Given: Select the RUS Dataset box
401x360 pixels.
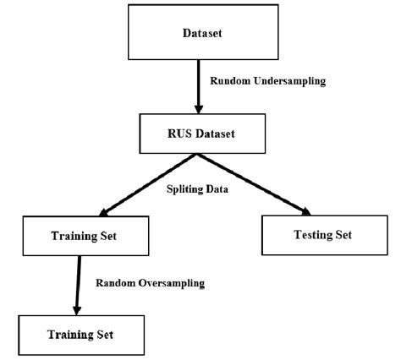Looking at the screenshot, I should tap(198, 132).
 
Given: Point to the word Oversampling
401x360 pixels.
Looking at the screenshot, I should tap(168, 282).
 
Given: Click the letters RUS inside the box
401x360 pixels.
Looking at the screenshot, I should tap(172, 132).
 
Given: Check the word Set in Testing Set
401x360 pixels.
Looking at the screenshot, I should tap(344, 233).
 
